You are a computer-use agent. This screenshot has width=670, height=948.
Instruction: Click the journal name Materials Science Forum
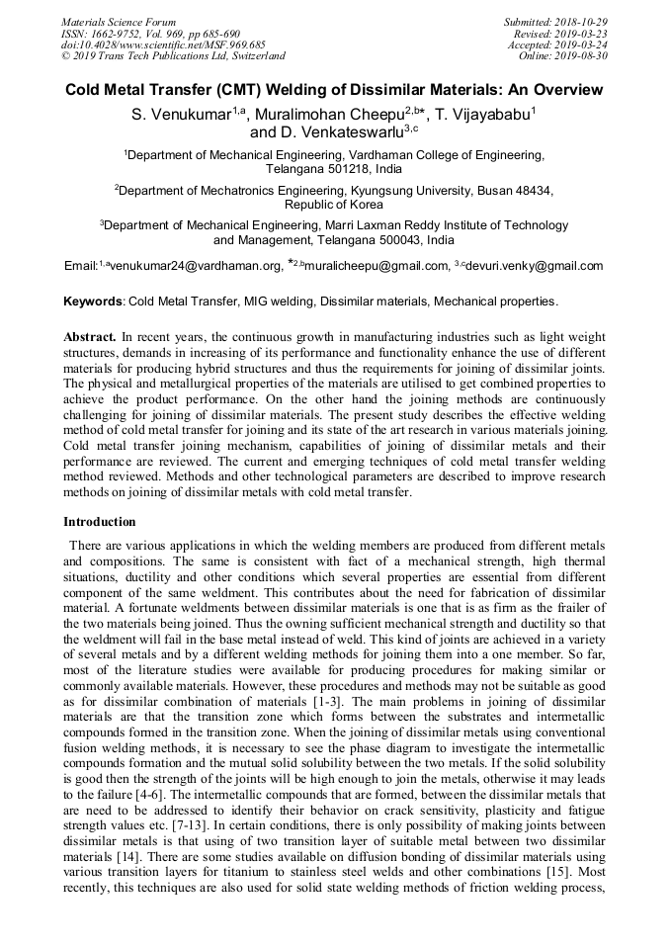pyautogui.click(x=119, y=22)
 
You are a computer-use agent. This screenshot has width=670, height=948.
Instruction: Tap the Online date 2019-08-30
pyautogui.click(x=583, y=56)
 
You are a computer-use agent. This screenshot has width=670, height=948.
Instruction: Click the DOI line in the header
pyautogui.click(x=163, y=44)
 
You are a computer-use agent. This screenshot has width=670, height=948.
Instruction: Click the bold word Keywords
pyautogui.click(x=93, y=301)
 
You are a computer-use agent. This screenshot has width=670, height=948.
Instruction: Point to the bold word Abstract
pyautogui.click(x=90, y=337)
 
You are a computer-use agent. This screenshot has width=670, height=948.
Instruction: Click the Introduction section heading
pyautogui.click(x=100, y=521)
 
